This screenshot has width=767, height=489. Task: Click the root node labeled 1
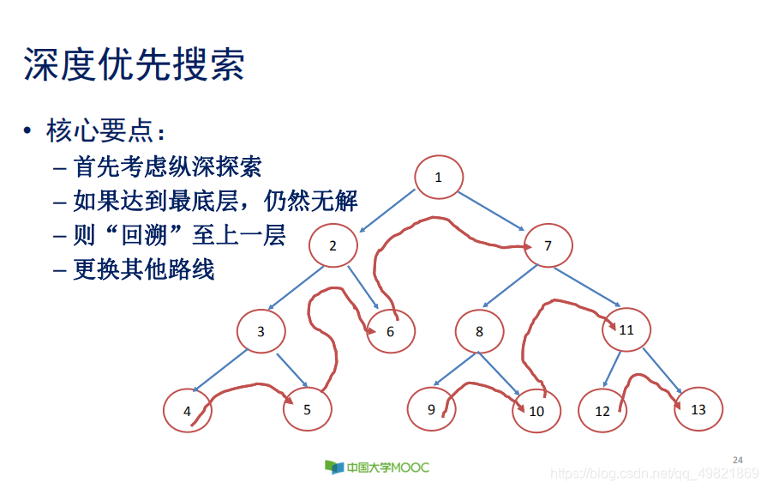439,178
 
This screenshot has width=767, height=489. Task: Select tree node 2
333,246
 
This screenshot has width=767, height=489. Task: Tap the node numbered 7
548,246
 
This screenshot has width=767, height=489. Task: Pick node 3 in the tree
261,331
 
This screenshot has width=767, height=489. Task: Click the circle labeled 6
391,332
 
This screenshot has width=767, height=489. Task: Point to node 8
479,331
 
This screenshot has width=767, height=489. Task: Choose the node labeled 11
626,329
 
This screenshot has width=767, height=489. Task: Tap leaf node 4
188,411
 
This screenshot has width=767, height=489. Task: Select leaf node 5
307,409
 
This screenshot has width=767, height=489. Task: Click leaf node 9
431,409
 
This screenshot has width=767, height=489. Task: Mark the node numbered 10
536,411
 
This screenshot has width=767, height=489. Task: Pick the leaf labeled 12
602,411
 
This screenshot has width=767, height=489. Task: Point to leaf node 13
698,409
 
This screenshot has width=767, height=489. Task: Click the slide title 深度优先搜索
135,64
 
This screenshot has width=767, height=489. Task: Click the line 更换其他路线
144,269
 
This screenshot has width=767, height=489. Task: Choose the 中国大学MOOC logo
377,467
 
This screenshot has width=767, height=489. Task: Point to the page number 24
738,461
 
